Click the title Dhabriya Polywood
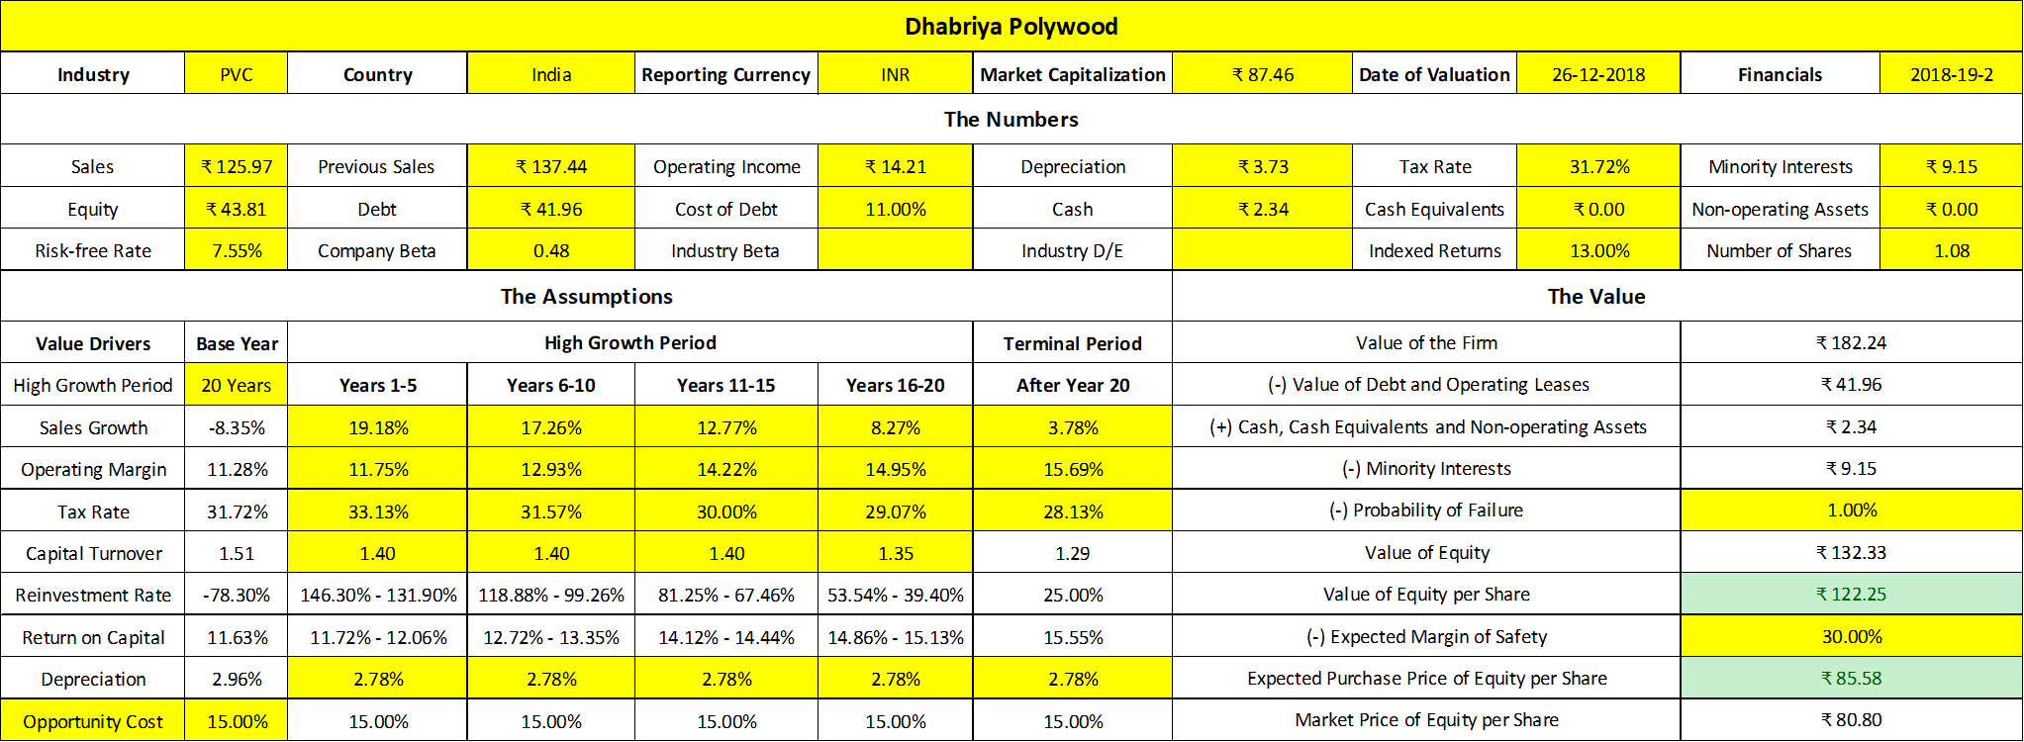click(1011, 27)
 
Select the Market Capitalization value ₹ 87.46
click(1262, 75)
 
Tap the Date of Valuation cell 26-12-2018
click(1597, 75)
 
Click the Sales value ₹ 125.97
click(237, 167)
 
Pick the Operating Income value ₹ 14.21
click(895, 167)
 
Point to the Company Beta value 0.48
click(550, 251)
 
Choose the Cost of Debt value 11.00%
click(895, 210)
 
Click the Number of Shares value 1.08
click(1951, 251)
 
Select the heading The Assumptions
click(586, 297)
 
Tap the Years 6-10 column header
click(550, 386)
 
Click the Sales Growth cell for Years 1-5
click(378, 428)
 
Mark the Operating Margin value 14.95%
click(895, 470)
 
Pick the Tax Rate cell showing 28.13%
click(1073, 512)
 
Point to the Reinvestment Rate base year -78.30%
click(237, 596)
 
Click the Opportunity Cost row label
click(93, 722)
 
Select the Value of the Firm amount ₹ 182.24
click(1851, 343)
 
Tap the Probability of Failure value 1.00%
click(1851, 510)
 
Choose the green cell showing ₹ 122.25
click(1851, 595)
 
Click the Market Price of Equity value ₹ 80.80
click(1851, 720)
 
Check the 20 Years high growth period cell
click(237, 386)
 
